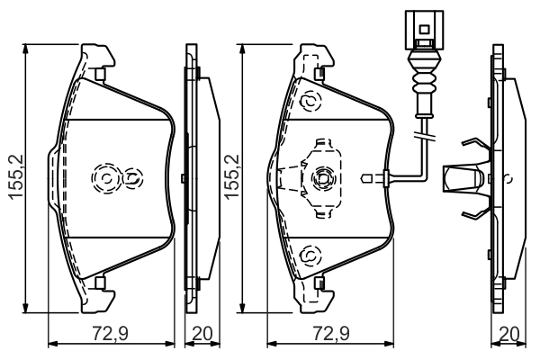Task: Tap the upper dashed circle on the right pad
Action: [309, 101]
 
